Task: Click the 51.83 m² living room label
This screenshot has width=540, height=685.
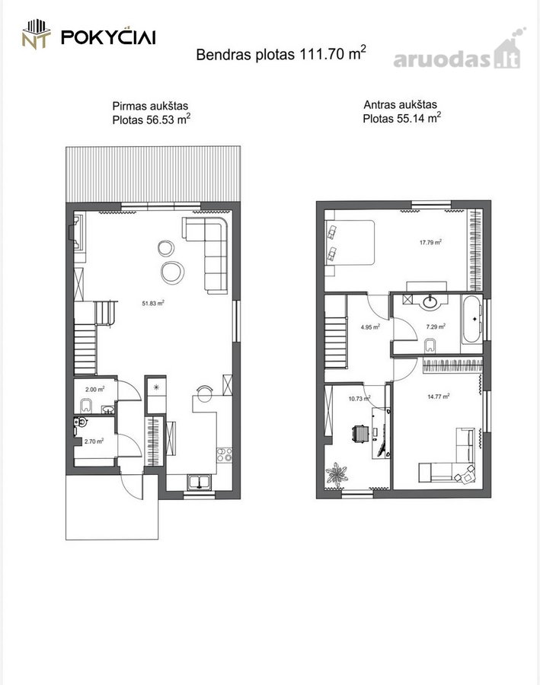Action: coord(153,303)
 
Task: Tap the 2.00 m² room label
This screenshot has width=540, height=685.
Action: coord(95,389)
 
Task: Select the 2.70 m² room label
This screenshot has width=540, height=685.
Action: coord(94,441)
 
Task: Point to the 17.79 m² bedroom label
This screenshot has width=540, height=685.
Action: coord(430,242)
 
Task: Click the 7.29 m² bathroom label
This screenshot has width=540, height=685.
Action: coord(436,327)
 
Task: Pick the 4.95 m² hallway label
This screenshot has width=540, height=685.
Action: coord(370,327)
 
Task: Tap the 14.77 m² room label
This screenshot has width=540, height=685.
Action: coord(439,397)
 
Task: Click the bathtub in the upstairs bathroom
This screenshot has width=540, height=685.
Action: coord(471,319)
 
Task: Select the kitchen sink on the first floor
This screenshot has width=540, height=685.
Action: coord(200,482)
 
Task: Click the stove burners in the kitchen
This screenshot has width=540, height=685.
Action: coord(225,454)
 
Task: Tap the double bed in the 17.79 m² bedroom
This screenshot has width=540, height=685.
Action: coord(350,243)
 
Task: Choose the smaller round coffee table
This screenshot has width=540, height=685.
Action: coord(166,248)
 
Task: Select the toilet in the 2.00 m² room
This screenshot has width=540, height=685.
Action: coord(86,406)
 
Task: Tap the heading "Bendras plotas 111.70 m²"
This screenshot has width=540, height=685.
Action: coord(281,53)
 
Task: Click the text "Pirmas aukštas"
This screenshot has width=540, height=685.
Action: coord(150,106)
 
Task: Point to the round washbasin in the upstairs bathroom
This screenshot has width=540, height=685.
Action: coord(431,302)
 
